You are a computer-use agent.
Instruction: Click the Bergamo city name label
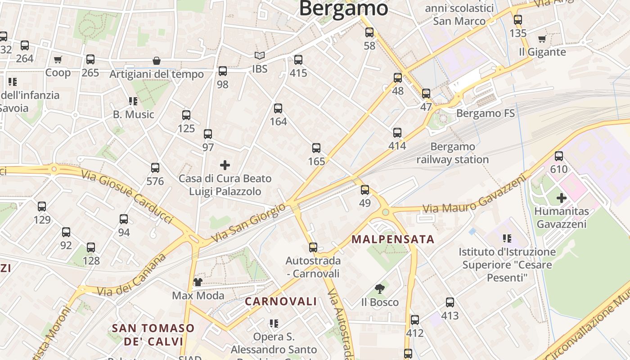(x=343, y=8)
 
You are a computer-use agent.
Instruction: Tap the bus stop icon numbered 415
(x=298, y=60)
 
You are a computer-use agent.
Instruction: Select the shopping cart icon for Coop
(x=58, y=59)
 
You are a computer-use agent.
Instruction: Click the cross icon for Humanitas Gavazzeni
(x=561, y=198)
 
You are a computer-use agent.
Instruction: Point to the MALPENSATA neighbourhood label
(x=393, y=239)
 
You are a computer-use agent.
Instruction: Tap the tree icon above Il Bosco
(x=380, y=289)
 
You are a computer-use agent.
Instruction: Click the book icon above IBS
(x=260, y=56)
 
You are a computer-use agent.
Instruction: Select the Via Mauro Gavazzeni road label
(x=474, y=195)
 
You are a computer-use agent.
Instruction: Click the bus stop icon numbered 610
(x=559, y=156)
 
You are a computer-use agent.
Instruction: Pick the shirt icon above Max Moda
(x=198, y=282)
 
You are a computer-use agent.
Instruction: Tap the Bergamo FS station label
(x=486, y=113)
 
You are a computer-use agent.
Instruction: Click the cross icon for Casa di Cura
(x=225, y=165)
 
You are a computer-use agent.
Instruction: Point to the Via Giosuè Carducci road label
(x=127, y=196)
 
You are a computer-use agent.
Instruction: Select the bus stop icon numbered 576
(x=155, y=168)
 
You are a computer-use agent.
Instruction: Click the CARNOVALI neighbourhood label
(x=281, y=301)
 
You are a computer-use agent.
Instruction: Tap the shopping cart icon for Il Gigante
(x=542, y=39)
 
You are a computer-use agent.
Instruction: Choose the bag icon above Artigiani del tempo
(x=157, y=61)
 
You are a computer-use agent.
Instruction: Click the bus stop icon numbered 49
(x=365, y=190)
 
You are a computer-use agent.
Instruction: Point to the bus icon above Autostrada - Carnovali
(x=313, y=247)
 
